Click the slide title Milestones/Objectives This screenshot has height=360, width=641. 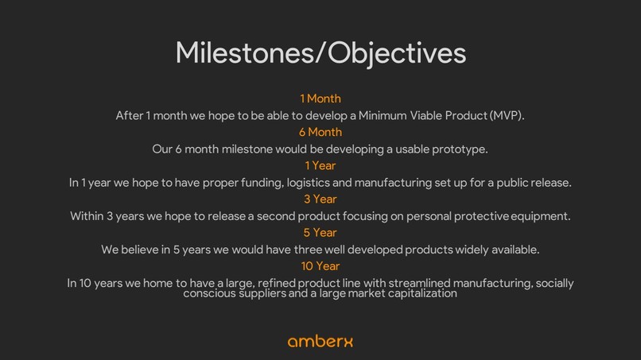tap(320, 52)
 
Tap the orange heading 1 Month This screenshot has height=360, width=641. tap(320, 99)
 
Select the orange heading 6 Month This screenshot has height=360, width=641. tap(320, 132)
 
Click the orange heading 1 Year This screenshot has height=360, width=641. tap(320, 165)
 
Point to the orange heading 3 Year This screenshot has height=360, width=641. tap(320, 199)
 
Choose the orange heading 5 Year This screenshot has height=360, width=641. tap(320, 232)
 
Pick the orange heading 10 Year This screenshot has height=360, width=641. tap(320, 265)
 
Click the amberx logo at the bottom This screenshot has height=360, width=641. tap(320, 341)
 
